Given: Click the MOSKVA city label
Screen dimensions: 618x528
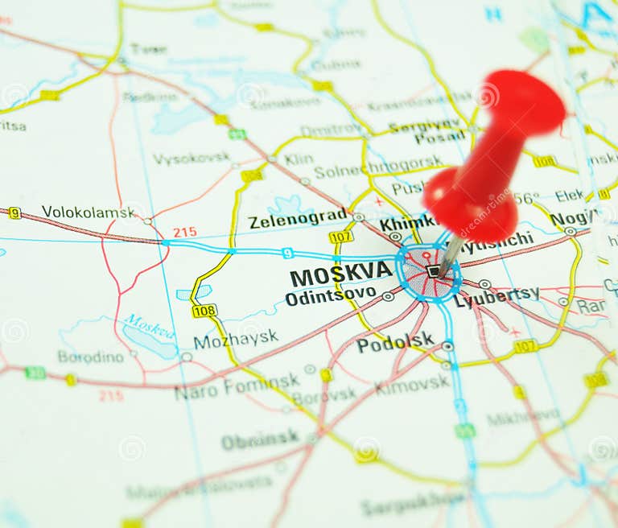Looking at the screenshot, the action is pos(341,275).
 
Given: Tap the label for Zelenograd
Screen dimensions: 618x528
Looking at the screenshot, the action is pos(297,219).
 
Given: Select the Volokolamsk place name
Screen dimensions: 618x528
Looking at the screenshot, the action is pos(89,212).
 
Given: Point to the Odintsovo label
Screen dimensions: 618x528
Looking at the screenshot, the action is pos(330,296).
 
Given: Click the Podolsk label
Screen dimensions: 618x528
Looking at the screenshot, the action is pos(394,344).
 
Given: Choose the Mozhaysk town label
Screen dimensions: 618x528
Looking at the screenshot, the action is pos(236,340).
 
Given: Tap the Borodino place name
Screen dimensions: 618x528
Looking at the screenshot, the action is pos(91,356).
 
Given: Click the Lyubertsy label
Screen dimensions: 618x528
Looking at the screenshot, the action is pos(496,298).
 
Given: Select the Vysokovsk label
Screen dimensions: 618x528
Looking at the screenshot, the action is pos(191,158).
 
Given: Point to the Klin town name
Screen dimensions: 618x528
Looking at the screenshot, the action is pos(299,159).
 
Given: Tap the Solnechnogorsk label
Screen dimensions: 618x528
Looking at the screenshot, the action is pos(368,171).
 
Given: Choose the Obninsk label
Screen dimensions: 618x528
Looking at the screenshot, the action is pos(260,440).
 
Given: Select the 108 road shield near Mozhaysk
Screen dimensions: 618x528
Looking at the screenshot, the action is pos(204,311).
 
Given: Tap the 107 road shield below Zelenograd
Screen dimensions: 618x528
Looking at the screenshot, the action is pos(340,237).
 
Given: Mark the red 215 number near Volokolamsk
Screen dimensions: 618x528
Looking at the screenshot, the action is pos(184,232).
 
